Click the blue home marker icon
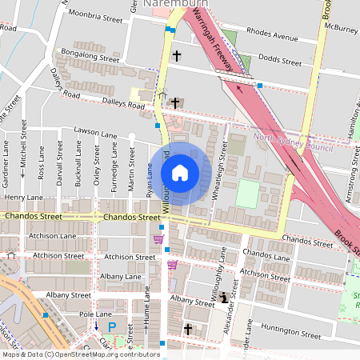pyautogui.click(x=180, y=172)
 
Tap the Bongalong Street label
pyautogui.click(x=90, y=59)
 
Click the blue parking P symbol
pyautogui.click(x=112, y=326)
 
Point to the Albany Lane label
pyautogui.click(x=122, y=276)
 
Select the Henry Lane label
pyautogui.click(x=23, y=196)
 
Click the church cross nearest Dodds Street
pyautogui.click(x=176, y=57)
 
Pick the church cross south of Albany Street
pyautogui.click(x=188, y=329)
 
